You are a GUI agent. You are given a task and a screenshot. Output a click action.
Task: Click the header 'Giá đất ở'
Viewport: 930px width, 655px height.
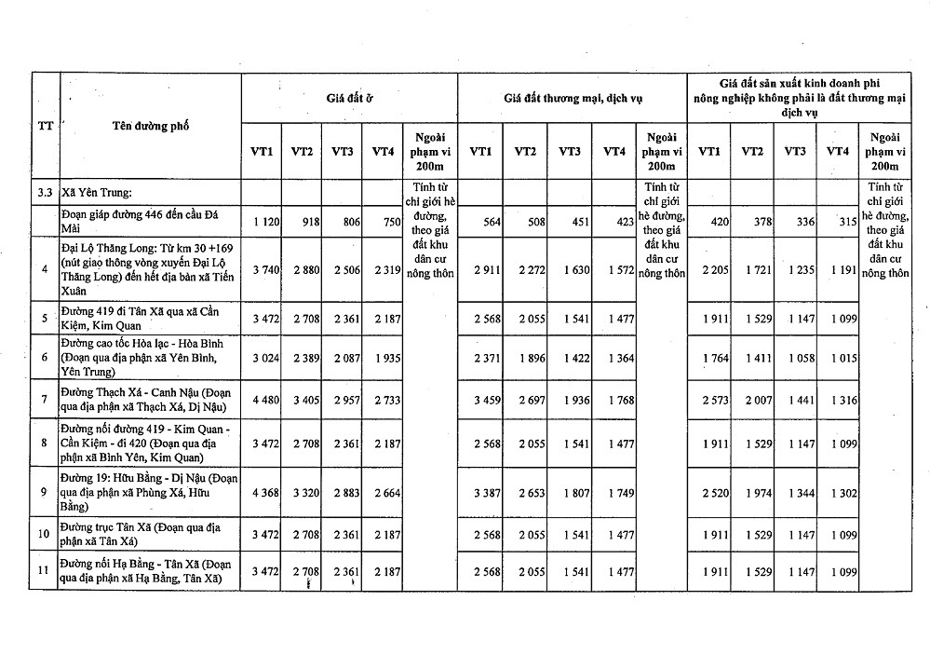click(349, 97)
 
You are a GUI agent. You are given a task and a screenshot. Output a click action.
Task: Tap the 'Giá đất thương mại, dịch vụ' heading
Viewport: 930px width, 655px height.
click(573, 97)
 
